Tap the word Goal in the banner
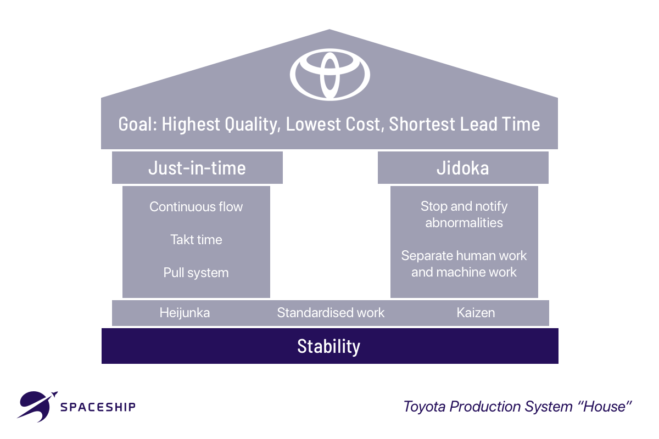(137, 124)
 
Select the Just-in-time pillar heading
(197, 167)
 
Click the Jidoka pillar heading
(462, 167)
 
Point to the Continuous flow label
(196, 207)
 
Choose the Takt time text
(196, 240)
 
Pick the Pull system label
(196, 273)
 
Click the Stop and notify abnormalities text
(464, 215)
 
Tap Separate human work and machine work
(464, 264)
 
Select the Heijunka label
(185, 313)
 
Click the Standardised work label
(331, 313)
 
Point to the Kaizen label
(476, 313)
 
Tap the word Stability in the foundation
(329, 346)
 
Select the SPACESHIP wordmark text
(98, 407)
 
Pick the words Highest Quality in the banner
(220, 124)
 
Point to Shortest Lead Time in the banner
(465, 124)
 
